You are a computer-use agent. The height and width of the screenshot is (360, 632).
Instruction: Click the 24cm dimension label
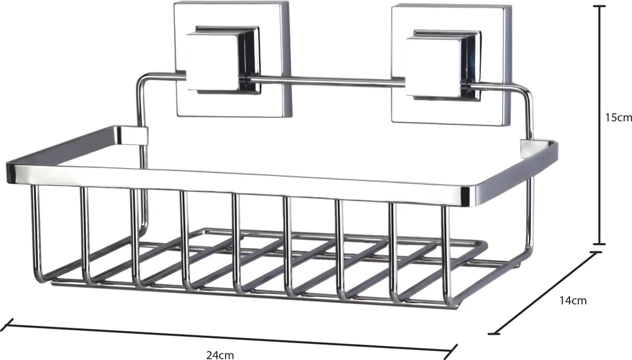[220, 355]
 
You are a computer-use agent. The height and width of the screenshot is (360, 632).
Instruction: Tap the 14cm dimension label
[573, 301]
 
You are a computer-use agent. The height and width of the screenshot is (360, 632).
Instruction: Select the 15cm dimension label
[618, 117]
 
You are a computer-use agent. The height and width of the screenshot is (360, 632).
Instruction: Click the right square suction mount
[451, 63]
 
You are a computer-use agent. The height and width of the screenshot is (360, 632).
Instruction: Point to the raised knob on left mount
[222, 60]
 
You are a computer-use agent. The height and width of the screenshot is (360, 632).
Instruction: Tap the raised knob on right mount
[443, 65]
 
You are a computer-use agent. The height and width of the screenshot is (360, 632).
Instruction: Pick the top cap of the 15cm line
[599, 6]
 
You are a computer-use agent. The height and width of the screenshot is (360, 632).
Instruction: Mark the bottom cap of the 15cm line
[599, 244]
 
